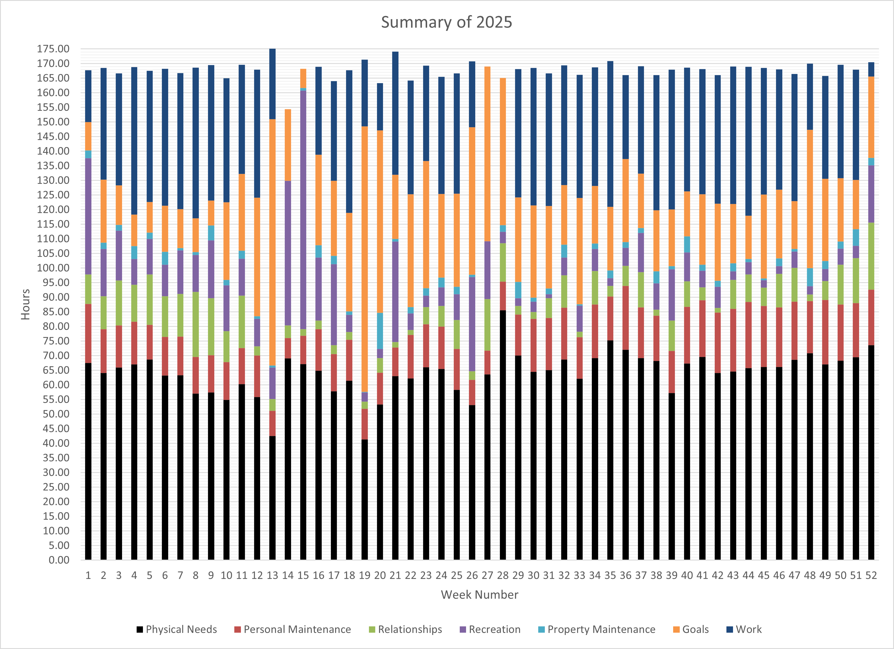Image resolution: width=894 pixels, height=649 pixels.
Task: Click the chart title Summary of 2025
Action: [446, 22]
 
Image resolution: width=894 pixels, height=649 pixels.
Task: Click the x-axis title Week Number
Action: [479, 595]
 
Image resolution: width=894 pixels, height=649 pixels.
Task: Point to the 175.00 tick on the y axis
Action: [53, 49]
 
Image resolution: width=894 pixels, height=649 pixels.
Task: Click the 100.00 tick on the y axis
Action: [53, 268]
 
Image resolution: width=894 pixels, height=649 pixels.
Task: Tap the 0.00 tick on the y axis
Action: [59, 560]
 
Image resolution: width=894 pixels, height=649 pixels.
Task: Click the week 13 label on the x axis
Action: [272, 576]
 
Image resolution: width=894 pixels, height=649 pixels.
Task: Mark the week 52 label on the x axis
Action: [871, 576]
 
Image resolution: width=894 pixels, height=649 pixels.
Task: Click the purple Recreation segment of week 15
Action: [303, 209]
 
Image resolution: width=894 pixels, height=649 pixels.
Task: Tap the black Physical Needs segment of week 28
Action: [503, 433]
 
